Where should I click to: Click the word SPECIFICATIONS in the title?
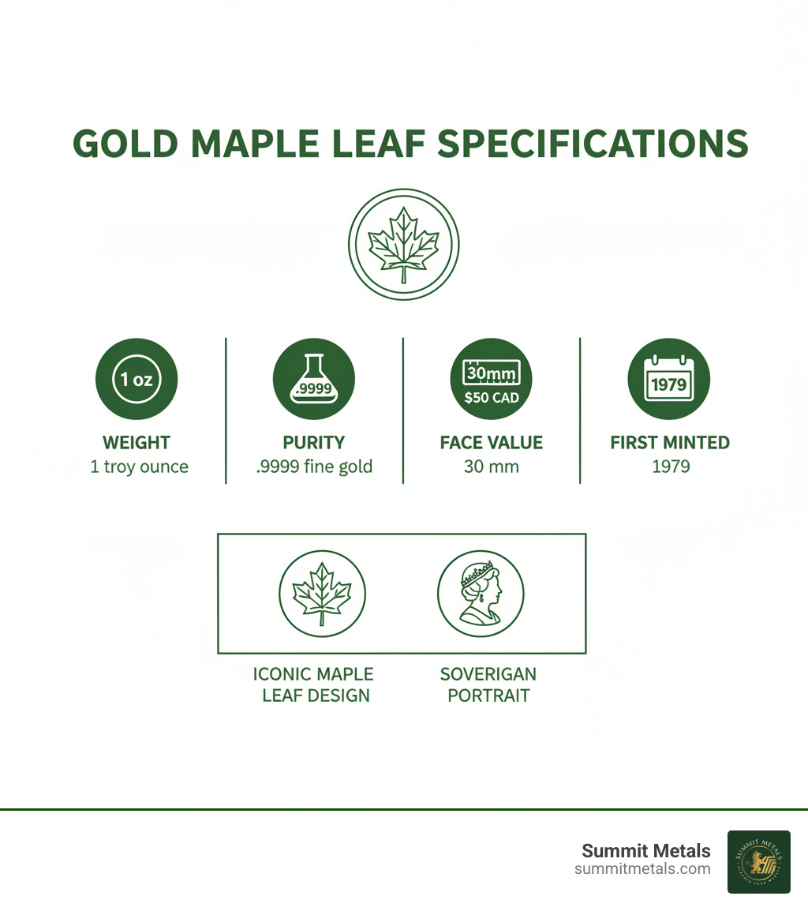click(592, 144)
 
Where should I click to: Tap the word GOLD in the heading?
click(126, 144)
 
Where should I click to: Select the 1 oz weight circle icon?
click(137, 379)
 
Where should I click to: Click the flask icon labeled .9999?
click(313, 379)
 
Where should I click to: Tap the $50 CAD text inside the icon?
click(492, 397)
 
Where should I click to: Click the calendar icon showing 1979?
click(669, 379)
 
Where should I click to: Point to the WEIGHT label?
click(137, 443)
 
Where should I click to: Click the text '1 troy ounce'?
click(139, 467)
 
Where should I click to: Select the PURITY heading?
click(313, 443)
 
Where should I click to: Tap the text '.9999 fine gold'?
click(314, 467)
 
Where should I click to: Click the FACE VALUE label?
click(491, 443)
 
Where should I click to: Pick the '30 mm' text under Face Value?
click(491, 467)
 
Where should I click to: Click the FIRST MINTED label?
click(670, 443)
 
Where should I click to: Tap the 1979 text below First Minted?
click(671, 467)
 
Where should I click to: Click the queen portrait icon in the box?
click(481, 594)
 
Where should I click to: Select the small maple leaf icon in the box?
click(322, 594)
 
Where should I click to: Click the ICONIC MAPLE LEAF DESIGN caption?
click(312, 684)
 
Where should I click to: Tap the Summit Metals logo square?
click(758, 861)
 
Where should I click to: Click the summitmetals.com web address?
click(642, 869)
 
